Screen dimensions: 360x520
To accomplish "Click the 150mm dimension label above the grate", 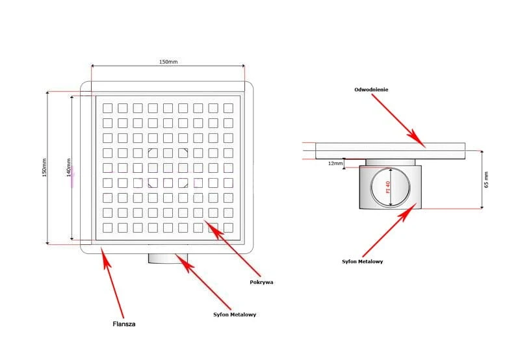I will coord(168,61).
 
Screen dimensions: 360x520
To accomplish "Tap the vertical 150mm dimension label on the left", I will coord(44,168).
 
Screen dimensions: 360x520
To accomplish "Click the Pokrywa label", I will coord(261,282).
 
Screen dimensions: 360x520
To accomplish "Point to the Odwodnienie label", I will coord(372,89).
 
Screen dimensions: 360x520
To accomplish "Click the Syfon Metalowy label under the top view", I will coord(235,315).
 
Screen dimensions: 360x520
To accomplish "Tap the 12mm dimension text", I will coord(335,164).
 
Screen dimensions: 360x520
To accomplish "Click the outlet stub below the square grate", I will coord(168,258).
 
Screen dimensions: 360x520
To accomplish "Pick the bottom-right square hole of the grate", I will coord(228,227).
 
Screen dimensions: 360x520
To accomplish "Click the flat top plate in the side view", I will coord(390,151).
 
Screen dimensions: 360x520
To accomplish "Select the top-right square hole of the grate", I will coord(228,107).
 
